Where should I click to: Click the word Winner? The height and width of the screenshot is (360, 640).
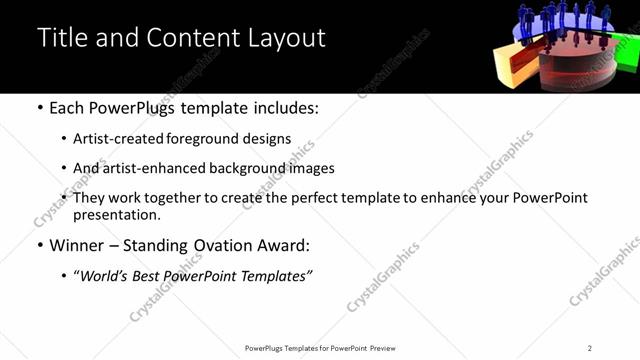78,245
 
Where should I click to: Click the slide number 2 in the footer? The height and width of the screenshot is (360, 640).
590,348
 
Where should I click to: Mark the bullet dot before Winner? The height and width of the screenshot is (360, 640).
39,245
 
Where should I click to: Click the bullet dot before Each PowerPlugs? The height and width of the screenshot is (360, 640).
39,108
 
